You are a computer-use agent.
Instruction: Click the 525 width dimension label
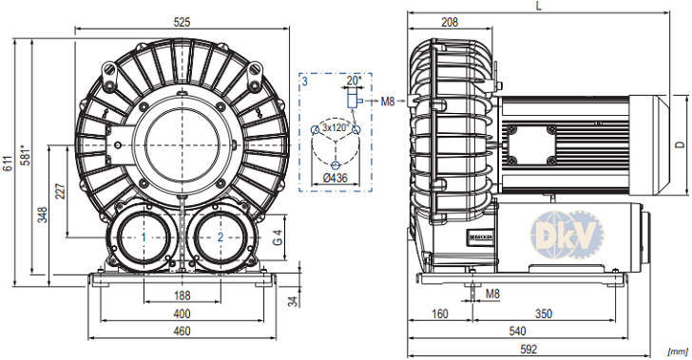[x=182, y=22]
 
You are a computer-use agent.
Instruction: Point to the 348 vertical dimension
[x=43, y=215]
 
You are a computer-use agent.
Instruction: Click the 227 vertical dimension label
[x=61, y=192]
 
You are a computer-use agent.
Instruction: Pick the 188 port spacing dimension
[x=182, y=295]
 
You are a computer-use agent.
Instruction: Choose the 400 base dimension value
[x=182, y=313]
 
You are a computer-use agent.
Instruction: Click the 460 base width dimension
[x=182, y=331]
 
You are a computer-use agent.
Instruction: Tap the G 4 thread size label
[x=278, y=237]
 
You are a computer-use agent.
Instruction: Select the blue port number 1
[x=144, y=237]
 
